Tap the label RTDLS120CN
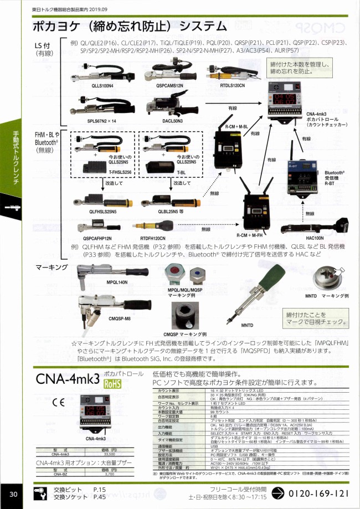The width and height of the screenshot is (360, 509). coord(233,86)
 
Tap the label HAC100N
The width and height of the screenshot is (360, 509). coord(314,238)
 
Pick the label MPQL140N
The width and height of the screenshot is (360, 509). coord(117,282)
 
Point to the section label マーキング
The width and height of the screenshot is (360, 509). coord(51,267)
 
